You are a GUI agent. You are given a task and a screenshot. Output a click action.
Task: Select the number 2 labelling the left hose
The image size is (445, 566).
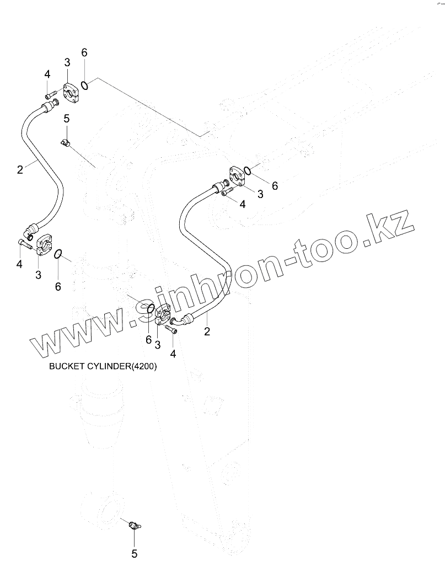(20, 169)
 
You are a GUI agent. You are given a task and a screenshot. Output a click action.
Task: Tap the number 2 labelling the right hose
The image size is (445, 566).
(207, 331)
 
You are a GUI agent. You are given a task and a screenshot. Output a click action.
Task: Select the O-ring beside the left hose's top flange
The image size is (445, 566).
(85, 84)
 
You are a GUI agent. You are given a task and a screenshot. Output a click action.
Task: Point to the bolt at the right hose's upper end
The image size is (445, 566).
(227, 191)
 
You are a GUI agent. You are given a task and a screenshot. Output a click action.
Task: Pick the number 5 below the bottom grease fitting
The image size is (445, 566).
(135, 553)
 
